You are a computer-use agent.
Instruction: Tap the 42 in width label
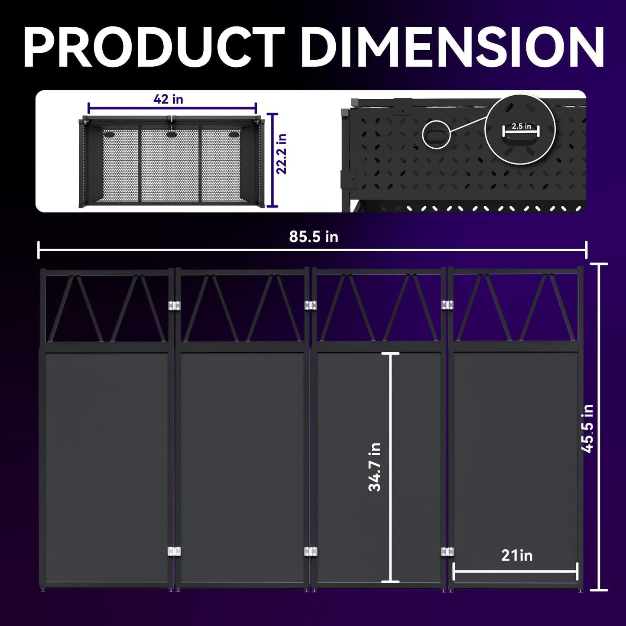click(x=168, y=99)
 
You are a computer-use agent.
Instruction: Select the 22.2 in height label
click(x=282, y=153)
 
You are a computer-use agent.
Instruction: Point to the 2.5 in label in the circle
click(x=521, y=126)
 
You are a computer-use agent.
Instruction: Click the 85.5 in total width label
click(x=314, y=237)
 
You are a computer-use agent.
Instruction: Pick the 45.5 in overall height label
click(x=587, y=428)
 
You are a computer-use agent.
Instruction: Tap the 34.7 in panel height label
click(x=375, y=467)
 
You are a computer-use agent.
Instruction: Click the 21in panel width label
click(x=516, y=555)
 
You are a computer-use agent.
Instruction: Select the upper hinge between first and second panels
click(x=174, y=305)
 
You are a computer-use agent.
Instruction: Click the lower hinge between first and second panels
click(x=174, y=551)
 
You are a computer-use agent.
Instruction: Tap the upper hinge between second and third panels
click(x=311, y=305)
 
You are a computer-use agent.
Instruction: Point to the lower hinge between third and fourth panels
click(x=448, y=551)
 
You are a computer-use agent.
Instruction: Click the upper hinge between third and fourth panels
click(x=448, y=305)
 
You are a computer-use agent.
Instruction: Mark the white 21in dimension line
click(x=516, y=571)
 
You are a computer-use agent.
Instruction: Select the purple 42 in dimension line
click(x=172, y=108)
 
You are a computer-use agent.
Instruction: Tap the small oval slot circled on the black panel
click(x=437, y=134)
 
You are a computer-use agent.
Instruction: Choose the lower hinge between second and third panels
click(x=311, y=551)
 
